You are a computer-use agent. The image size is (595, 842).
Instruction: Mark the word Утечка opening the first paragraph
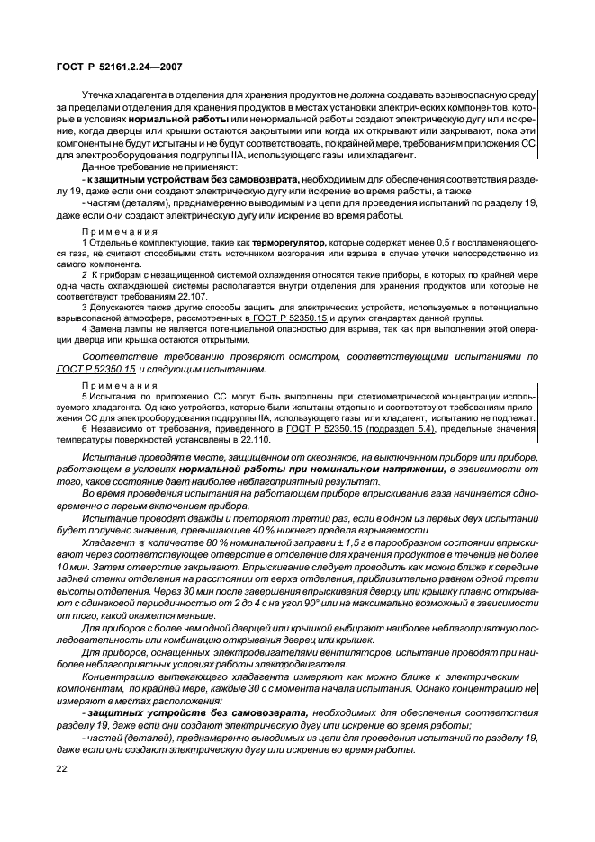click(99, 93)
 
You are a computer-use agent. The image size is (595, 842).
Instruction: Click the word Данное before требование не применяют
click(102, 167)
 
